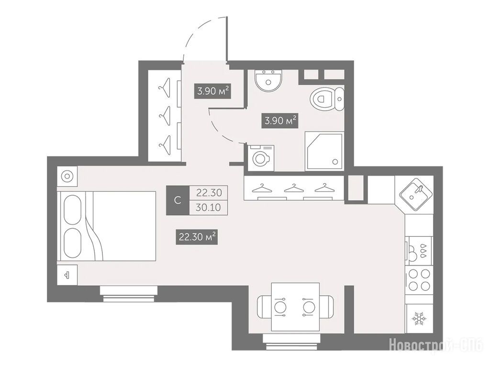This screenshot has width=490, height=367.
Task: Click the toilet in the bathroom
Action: pyautogui.click(x=327, y=99)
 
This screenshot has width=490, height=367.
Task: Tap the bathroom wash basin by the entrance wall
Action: pyautogui.click(x=268, y=80)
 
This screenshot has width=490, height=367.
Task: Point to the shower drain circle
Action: pyautogui.click(x=335, y=162)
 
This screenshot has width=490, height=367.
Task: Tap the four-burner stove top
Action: pyautogui.click(x=419, y=280)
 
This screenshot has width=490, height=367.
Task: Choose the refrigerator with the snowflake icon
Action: pyautogui.click(x=419, y=319)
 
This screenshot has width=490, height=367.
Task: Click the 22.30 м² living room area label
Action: pyautogui.click(x=197, y=237)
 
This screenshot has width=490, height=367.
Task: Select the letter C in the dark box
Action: pyautogui.click(x=178, y=200)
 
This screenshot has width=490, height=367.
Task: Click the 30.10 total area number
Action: pyautogui.click(x=209, y=207)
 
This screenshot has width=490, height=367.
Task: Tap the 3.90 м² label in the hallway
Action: pyautogui.click(x=212, y=91)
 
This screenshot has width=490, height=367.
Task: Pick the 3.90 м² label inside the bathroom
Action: pyautogui.click(x=280, y=121)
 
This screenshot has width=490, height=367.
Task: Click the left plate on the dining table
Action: pyautogui.click(x=280, y=307)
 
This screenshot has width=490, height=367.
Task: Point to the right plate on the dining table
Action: pyautogui.click(x=308, y=307)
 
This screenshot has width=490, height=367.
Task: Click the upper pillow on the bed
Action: pyautogui.click(x=73, y=210)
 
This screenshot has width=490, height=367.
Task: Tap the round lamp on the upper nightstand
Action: pyautogui.click(x=67, y=176)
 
